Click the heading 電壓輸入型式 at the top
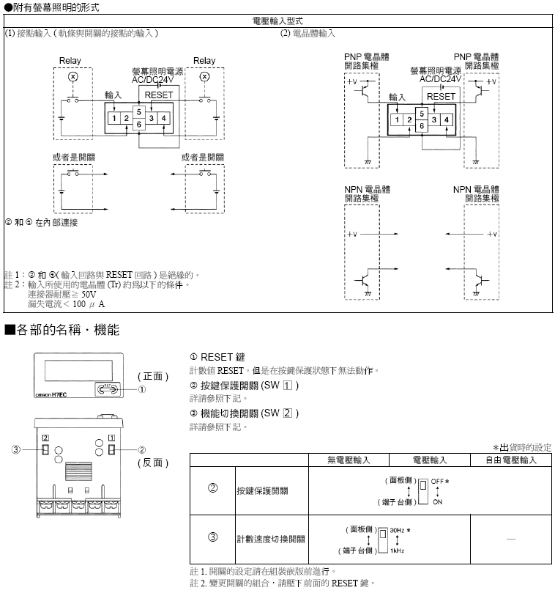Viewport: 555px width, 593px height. pyautogui.click(x=277, y=21)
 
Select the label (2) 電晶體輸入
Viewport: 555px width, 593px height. pyautogui.click(x=308, y=33)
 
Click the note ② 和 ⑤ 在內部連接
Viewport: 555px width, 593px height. pyautogui.click(x=41, y=221)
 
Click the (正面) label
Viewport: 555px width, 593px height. pyautogui.click(x=153, y=376)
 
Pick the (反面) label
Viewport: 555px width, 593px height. pyautogui.click(x=153, y=463)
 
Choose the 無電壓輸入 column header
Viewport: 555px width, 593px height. pyautogui.click(x=349, y=460)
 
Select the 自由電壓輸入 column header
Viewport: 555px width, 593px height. pyautogui.click(x=511, y=460)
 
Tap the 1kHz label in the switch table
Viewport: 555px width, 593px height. pyautogui.click(x=398, y=550)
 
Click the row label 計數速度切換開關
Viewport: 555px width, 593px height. pyautogui.click(x=271, y=539)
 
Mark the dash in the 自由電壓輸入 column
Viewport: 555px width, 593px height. pyautogui.click(x=510, y=539)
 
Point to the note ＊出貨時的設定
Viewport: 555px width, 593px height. pyautogui.click(x=523, y=447)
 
